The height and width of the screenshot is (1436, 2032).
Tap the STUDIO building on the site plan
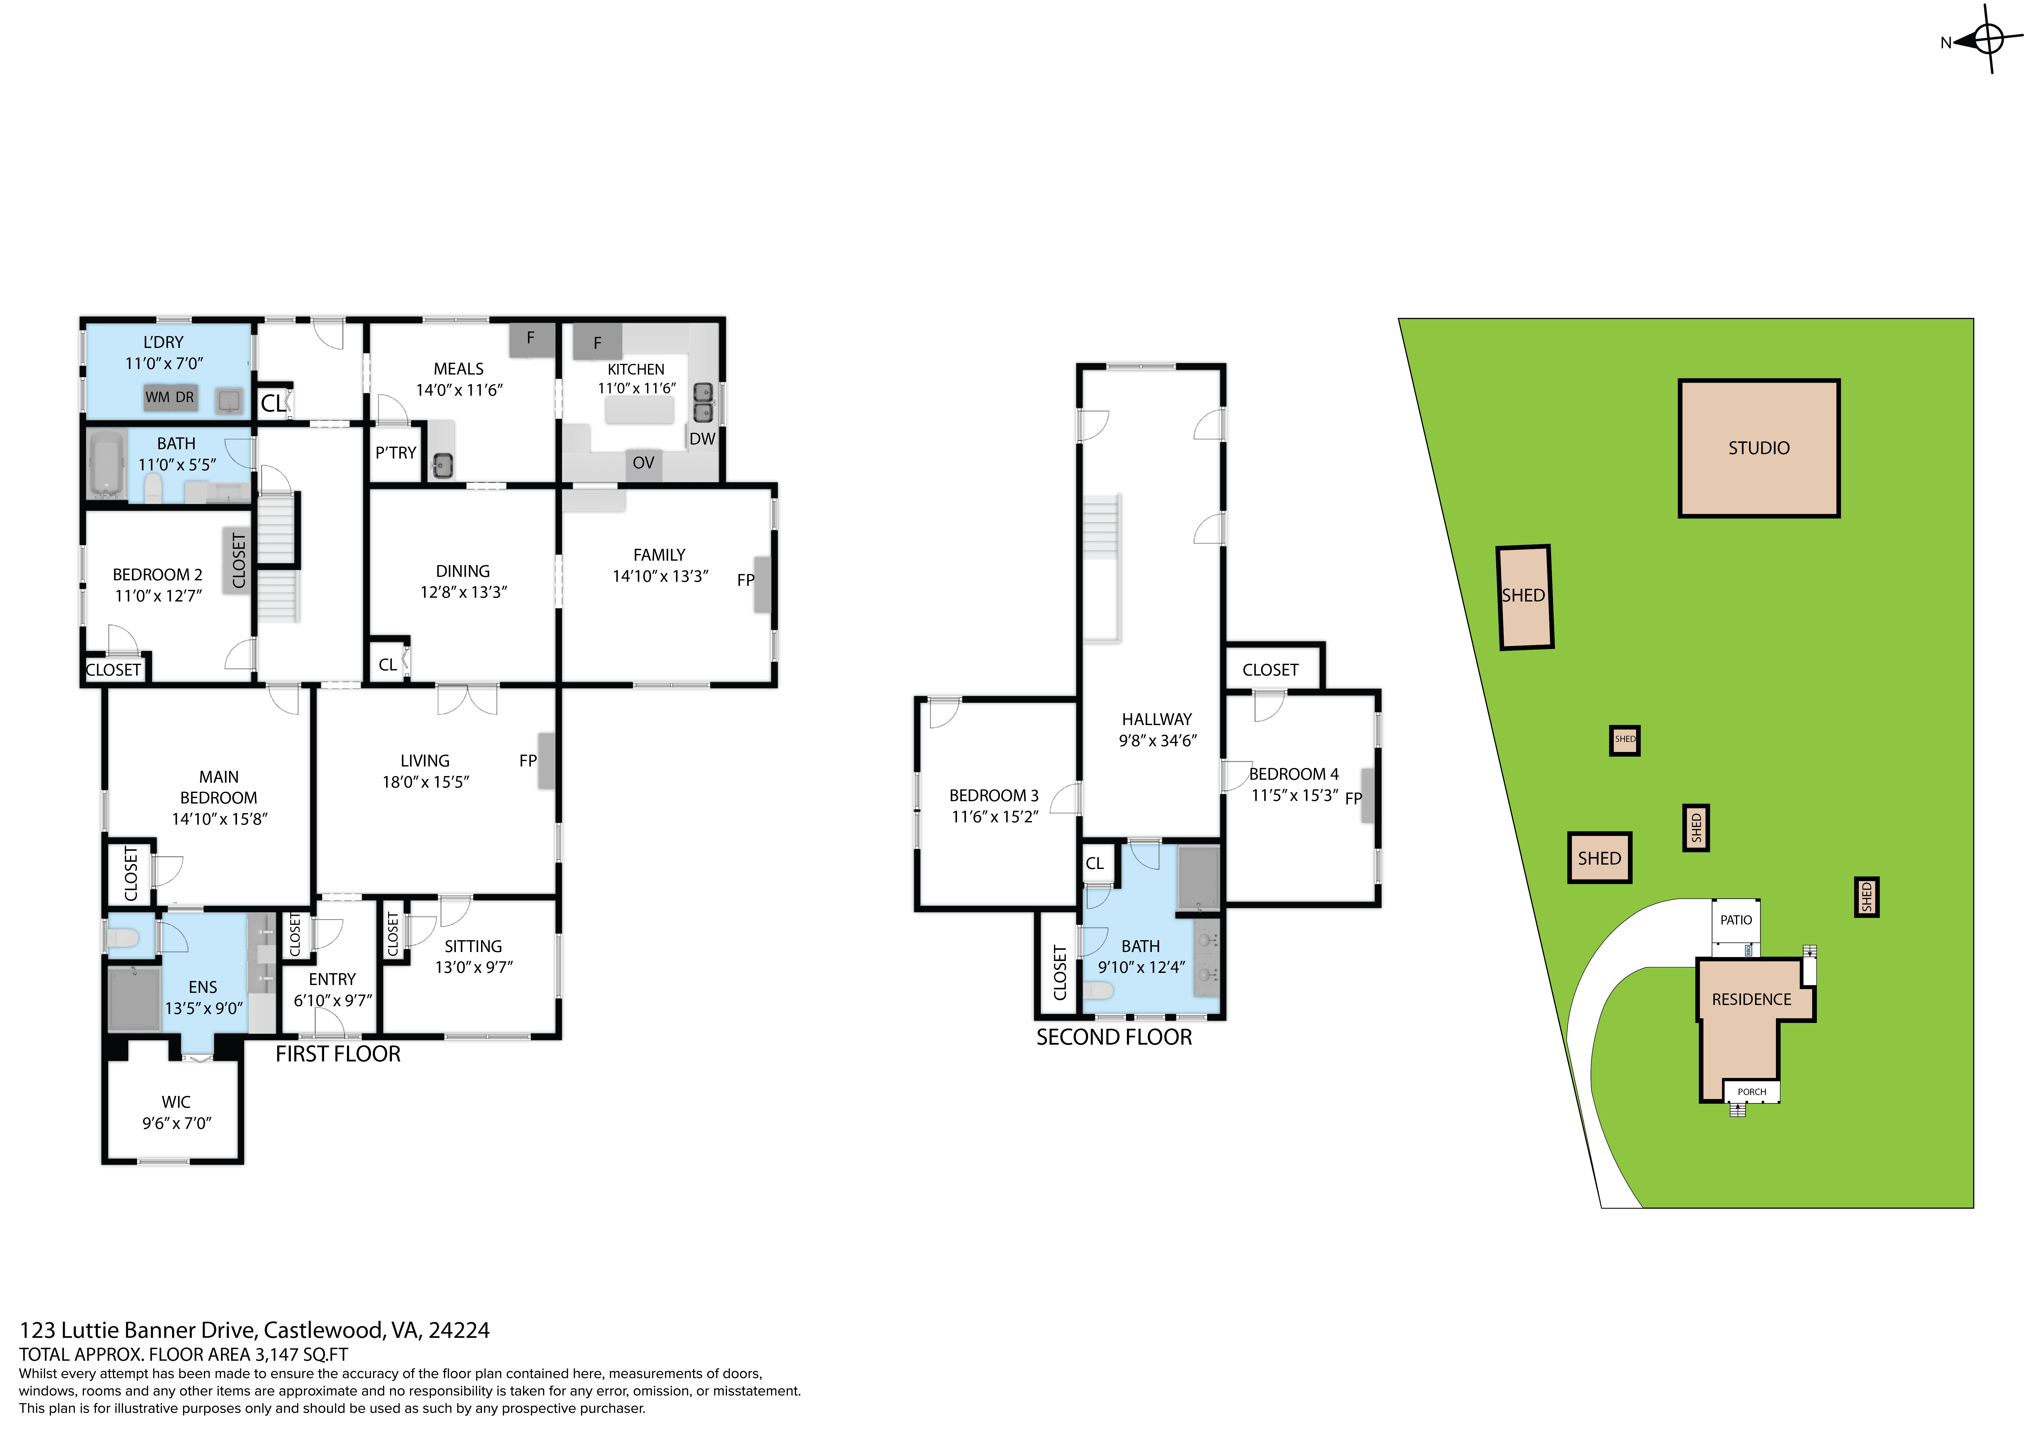tap(1759, 449)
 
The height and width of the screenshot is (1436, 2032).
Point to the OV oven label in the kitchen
tap(644, 463)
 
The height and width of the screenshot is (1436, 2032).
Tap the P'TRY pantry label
tap(396, 453)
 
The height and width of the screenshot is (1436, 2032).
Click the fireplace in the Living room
tap(546, 761)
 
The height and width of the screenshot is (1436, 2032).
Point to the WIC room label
tap(176, 1103)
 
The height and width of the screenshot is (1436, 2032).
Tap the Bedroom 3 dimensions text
tap(995, 817)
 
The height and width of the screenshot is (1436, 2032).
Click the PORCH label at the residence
tap(1751, 1092)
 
